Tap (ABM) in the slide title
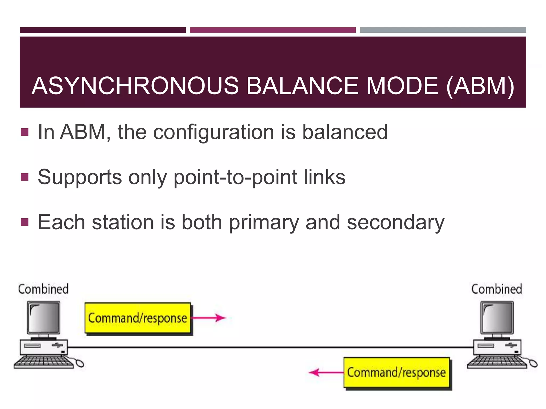[480, 86]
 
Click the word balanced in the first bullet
[344, 132]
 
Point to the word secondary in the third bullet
[395, 222]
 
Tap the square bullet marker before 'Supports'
[25, 177]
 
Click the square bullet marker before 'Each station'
[25, 222]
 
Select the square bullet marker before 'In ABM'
[25, 132]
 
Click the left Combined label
[43, 289]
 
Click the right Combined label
[496, 289]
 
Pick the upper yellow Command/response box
[138, 318]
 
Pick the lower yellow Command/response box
[396, 373]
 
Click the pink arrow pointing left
[326, 372]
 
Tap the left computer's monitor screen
[44, 317]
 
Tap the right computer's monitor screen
[497, 317]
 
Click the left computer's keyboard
[43, 362]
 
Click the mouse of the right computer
[533, 363]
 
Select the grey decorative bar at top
[443, 30]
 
